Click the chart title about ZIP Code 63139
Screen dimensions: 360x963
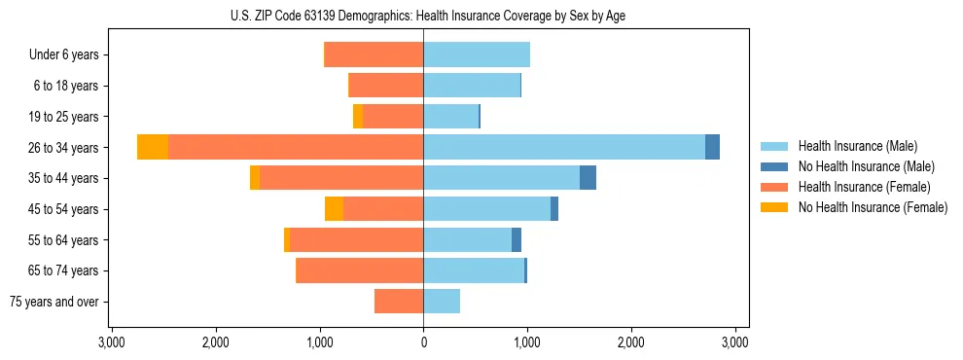pos(423,16)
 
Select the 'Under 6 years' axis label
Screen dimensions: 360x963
pos(69,54)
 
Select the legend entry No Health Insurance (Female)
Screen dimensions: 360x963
pos(873,207)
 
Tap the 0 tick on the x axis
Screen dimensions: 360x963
pos(423,342)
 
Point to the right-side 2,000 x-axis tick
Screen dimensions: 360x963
pos(631,342)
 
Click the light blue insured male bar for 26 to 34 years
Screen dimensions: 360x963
pos(564,147)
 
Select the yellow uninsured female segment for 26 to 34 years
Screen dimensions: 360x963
pos(153,147)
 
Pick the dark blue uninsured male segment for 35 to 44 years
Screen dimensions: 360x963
pos(588,178)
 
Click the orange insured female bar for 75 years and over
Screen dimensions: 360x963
pos(399,302)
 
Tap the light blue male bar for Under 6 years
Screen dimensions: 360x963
pos(477,54)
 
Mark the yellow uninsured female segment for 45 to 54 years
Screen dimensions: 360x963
pos(334,209)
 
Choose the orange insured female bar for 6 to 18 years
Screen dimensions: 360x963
pos(386,86)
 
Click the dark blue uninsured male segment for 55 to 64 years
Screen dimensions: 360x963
pos(517,239)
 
